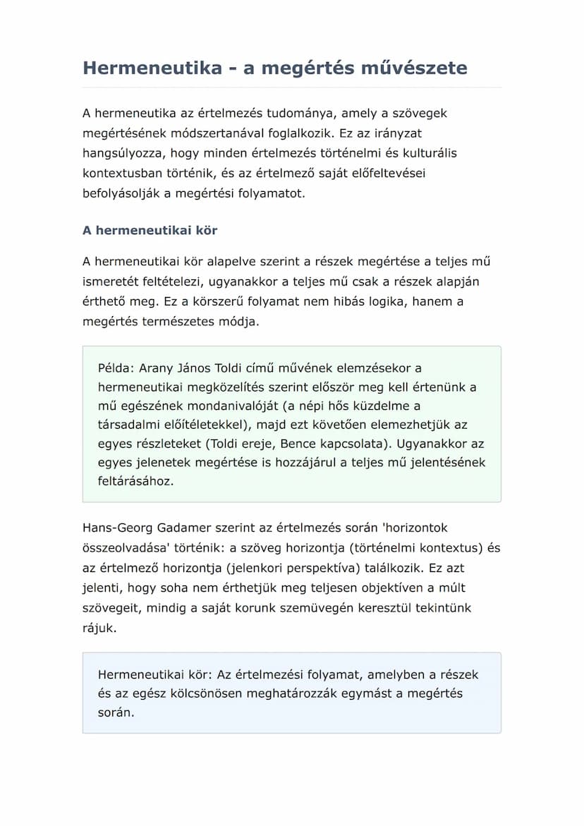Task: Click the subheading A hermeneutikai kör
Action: click(150, 231)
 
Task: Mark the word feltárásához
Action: click(135, 482)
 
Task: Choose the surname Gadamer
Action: click(178, 528)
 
